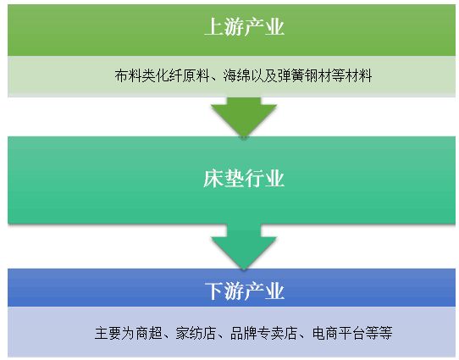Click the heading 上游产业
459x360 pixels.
(x=244, y=27)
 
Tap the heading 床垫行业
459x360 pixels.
(x=244, y=178)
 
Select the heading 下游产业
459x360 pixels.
(x=245, y=291)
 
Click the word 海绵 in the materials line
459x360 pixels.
(x=236, y=75)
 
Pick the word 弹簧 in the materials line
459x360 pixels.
(x=290, y=75)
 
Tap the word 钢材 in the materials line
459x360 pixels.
(x=318, y=75)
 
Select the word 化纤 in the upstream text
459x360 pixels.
(x=169, y=75)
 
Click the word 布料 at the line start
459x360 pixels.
(x=128, y=75)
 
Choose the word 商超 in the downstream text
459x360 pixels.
(x=149, y=333)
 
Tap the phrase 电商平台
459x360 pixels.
(x=339, y=333)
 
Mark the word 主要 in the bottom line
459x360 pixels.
(x=108, y=333)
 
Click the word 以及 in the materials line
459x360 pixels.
(x=263, y=75)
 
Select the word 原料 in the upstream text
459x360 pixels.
(x=196, y=75)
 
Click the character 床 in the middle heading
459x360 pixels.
(x=213, y=178)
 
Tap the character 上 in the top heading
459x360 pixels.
(x=214, y=27)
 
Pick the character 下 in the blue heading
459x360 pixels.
(x=214, y=291)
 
